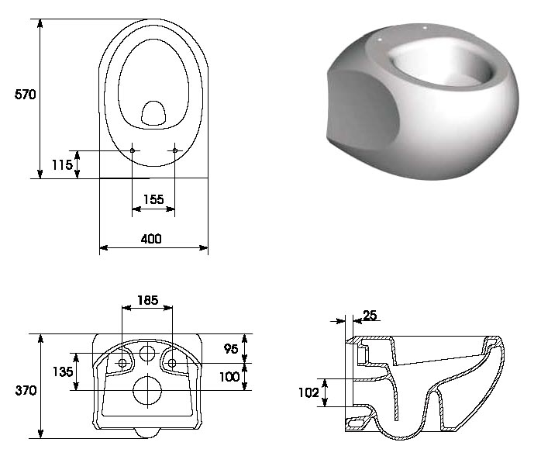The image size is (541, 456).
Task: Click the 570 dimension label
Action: (x=25, y=95)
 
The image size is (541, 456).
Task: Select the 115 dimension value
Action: (x=62, y=164)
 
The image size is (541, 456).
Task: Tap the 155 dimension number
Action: (x=153, y=199)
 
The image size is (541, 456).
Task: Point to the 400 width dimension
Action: (x=151, y=239)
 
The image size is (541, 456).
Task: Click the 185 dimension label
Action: (x=148, y=300)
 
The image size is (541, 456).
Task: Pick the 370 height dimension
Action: (x=26, y=390)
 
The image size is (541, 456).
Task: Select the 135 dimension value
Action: (x=63, y=371)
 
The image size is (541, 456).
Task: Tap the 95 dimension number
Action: (x=231, y=349)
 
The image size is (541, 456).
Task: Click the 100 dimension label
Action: (x=229, y=376)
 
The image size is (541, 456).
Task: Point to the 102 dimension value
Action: (x=308, y=392)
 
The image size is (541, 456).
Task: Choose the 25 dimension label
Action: (x=370, y=315)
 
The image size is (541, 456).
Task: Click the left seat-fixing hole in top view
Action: (x=132, y=150)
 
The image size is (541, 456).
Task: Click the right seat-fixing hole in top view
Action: (x=175, y=150)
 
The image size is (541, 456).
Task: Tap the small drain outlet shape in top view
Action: (x=153, y=113)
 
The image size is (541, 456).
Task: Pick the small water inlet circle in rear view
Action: (x=147, y=353)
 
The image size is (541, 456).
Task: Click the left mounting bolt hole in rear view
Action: (x=122, y=363)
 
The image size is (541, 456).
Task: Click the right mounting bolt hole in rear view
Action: (x=172, y=363)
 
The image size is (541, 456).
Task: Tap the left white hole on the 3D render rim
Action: (x=380, y=40)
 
